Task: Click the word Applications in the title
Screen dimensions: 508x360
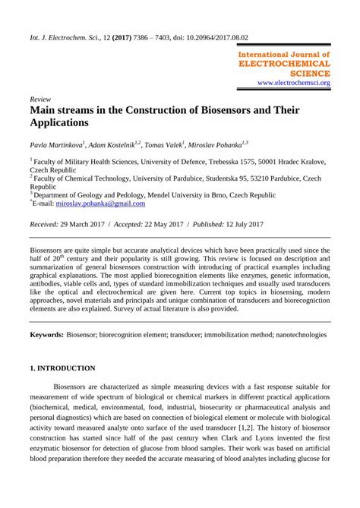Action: coord(59,123)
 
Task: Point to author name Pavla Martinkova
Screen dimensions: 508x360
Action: coord(57,144)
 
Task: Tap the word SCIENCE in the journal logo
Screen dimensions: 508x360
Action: coord(308,74)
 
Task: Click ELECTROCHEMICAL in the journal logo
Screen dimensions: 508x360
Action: coord(283,65)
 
